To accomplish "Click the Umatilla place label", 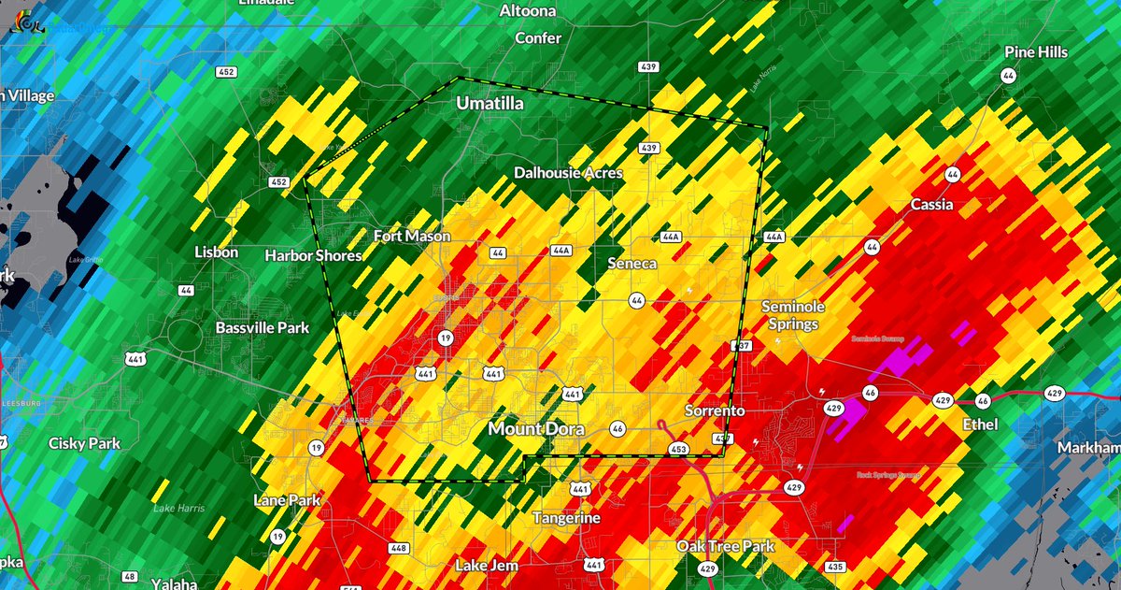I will [x=490, y=104].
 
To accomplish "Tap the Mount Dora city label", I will [x=536, y=429].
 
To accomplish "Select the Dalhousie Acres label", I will [x=568, y=173].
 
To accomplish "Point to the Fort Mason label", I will [x=412, y=237].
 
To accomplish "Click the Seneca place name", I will [x=631, y=264].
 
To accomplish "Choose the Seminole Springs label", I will [x=789, y=315].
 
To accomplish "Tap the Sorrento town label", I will [x=715, y=411].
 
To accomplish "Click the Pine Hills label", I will [x=1036, y=52].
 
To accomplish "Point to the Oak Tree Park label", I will [x=726, y=545].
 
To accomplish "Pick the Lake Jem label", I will [x=486, y=566].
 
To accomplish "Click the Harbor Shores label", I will [x=313, y=255].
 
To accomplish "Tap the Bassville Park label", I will [x=262, y=328].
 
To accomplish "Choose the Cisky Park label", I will [x=86, y=443].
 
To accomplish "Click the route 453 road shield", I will [x=681, y=450].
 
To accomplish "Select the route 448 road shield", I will [x=398, y=548].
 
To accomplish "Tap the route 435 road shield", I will [x=835, y=567].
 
